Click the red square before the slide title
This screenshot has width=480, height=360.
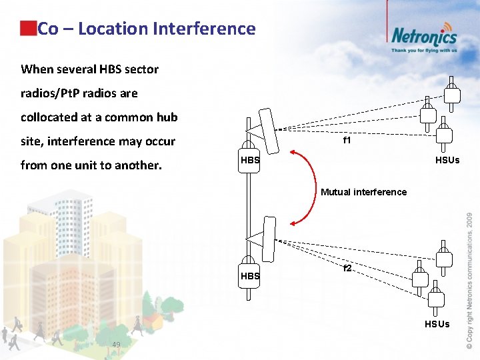pos(28,28)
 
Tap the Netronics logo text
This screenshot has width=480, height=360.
pos(424,35)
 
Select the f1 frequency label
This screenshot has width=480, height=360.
pos(347,141)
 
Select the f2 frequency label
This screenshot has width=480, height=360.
pos(347,269)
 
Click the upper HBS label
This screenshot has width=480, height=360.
pos(250,161)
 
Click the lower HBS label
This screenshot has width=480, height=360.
pos(250,276)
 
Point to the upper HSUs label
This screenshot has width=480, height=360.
pos(447,160)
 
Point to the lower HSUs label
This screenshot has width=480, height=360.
pos(438,324)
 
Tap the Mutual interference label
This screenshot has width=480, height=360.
pos(363,192)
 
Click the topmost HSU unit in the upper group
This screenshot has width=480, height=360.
pos(452,93)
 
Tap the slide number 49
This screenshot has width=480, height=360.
pos(117,344)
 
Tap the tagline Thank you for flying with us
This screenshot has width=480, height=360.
pos(424,50)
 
